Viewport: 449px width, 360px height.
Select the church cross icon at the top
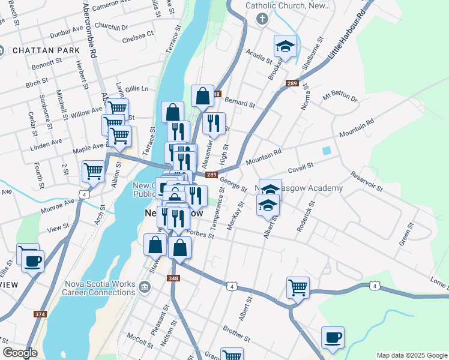pyautogui.click(x=262, y=19)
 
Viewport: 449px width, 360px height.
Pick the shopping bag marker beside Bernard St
pyautogui.click(x=203, y=95)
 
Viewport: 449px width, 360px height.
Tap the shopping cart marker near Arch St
pyautogui.click(x=93, y=171)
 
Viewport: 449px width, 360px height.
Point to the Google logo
pyautogui.click(x=20, y=353)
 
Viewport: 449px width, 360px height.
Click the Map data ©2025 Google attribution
pyautogui.click(x=411, y=355)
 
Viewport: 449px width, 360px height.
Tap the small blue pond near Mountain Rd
pyautogui.click(x=327, y=151)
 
